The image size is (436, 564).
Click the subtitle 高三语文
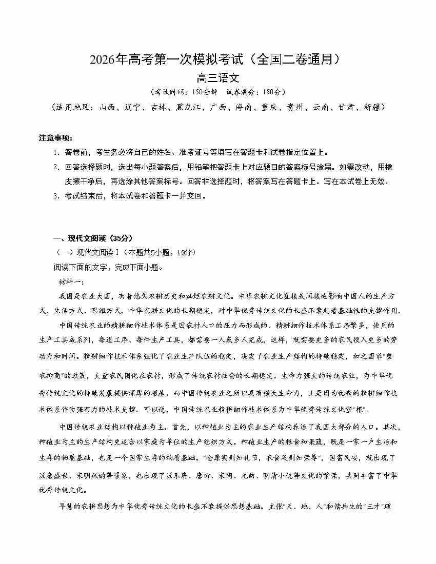(218, 78)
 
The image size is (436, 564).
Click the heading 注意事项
(55, 138)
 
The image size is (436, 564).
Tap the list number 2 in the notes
(56, 167)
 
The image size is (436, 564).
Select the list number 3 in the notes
(56, 195)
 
